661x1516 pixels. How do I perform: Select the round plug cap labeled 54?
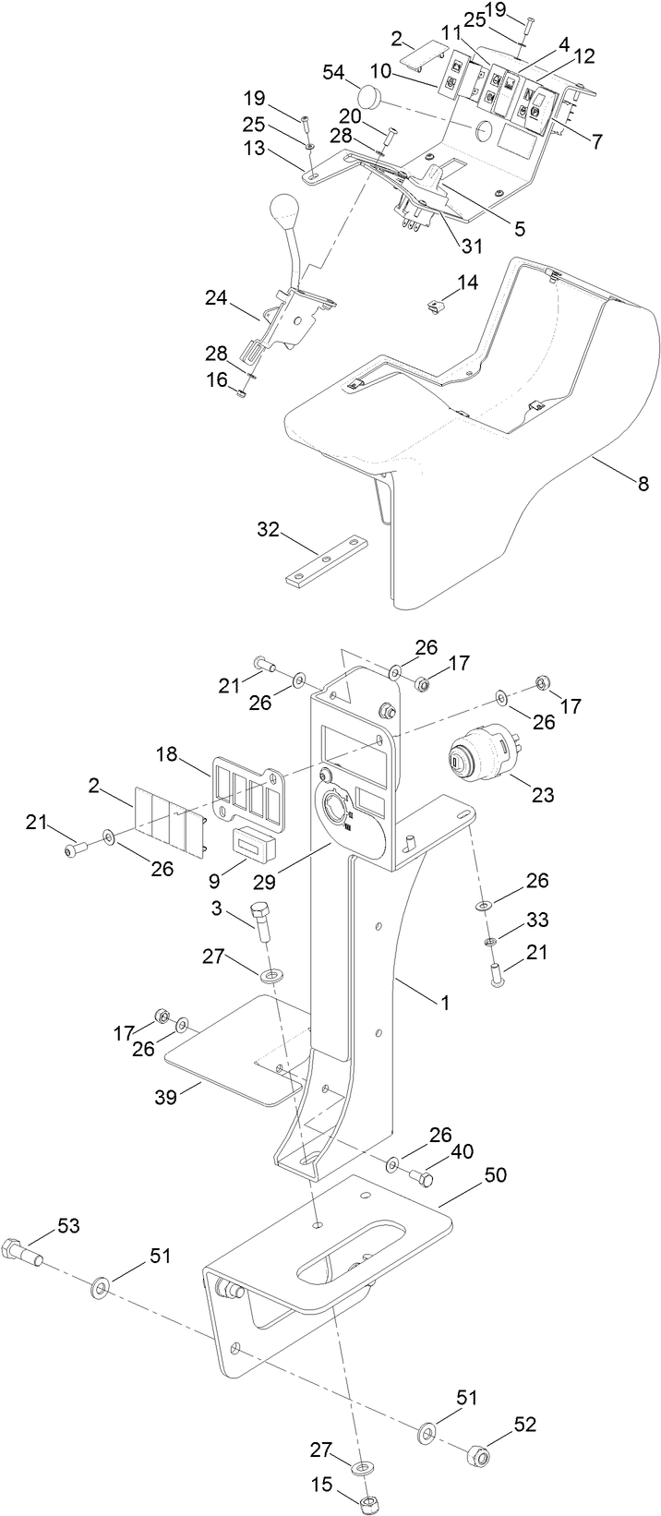[x=371, y=95]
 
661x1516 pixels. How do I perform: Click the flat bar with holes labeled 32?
[x=328, y=560]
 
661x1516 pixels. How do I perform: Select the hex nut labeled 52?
[x=481, y=1456]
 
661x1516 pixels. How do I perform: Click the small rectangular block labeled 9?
[x=251, y=843]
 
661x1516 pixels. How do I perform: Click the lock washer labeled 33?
[x=489, y=942]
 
